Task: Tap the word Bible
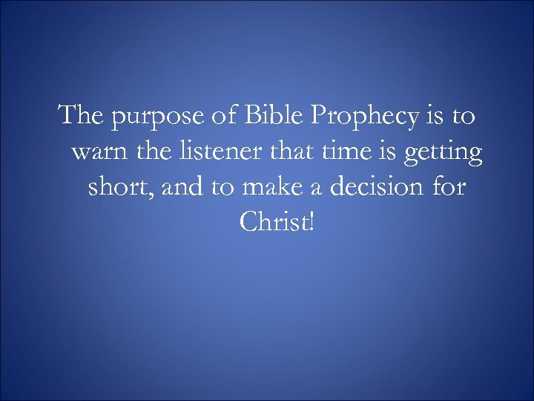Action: coord(279,117)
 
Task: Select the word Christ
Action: coord(274,221)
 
